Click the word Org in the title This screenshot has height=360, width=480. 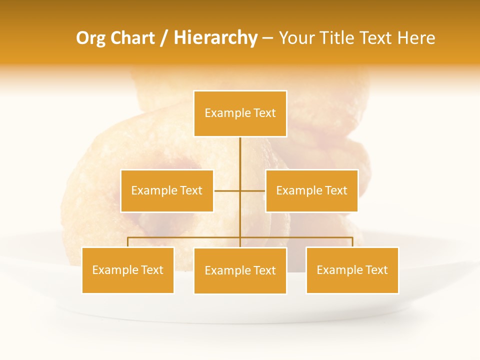(90, 38)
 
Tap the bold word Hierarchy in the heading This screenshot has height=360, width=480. (215, 38)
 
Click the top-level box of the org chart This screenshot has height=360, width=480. (240, 113)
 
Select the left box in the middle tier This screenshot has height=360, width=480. (167, 190)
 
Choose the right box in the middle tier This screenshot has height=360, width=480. (311, 190)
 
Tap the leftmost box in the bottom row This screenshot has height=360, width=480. (128, 270)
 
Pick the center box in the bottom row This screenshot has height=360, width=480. (240, 270)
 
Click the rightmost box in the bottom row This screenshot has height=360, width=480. (352, 270)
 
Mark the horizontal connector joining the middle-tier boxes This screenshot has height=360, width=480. (252, 190)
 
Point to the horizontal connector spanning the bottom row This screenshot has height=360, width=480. (185, 237)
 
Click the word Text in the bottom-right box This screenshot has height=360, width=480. (376, 270)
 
